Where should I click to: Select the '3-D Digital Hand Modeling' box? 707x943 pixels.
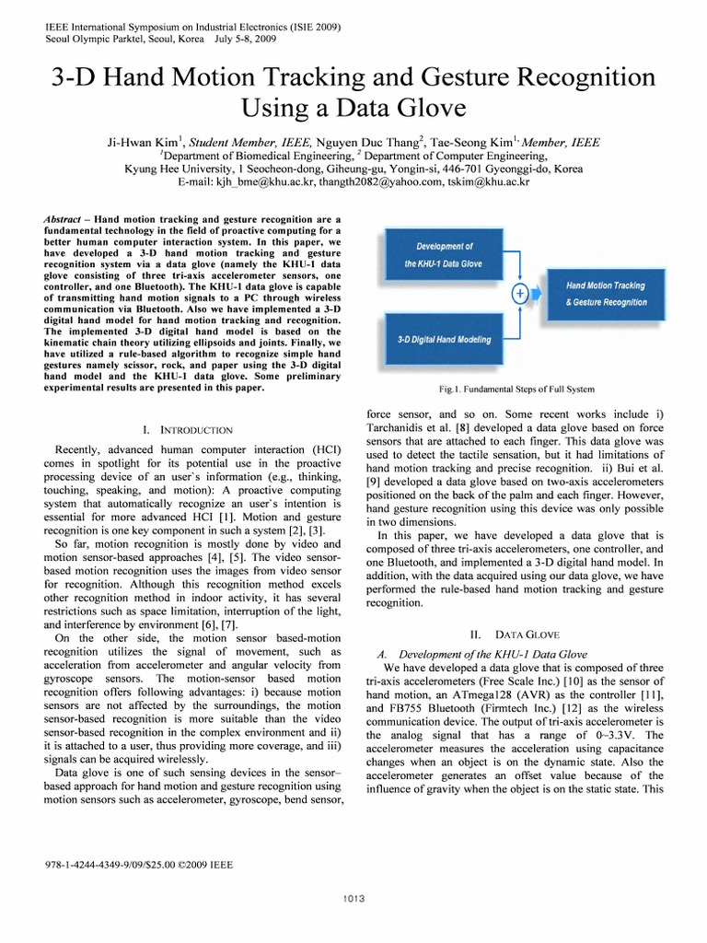point(444,339)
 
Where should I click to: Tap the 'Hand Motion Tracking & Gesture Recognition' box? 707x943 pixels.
point(605,294)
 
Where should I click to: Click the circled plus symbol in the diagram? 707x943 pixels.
point(518,294)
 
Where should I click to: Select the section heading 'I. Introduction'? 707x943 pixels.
point(188,430)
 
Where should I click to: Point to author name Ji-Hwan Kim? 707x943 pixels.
point(145,143)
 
